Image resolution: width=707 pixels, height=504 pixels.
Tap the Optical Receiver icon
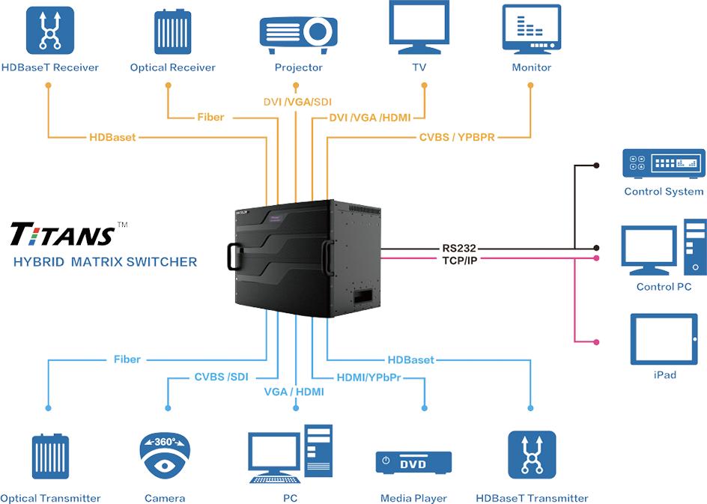pyautogui.click(x=172, y=31)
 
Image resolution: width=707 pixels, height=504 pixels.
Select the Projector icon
pyautogui.click(x=297, y=31)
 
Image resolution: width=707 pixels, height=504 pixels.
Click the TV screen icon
pyautogui.click(x=419, y=27)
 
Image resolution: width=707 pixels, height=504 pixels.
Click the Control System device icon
pyautogui.click(x=664, y=163)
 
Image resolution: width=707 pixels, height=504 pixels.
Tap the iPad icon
pyautogui.click(x=664, y=338)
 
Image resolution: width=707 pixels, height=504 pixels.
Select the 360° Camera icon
pyautogui.click(x=165, y=455)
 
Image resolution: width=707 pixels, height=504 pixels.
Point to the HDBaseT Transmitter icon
pyautogui.click(x=532, y=455)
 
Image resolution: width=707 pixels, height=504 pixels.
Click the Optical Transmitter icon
pyautogui.click(x=50, y=456)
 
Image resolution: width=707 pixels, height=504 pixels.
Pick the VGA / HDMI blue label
pyautogui.click(x=294, y=392)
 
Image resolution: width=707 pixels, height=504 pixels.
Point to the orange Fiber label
pyautogui.click(x=210, y=118)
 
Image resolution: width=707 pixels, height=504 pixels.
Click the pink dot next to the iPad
pyautogui.click(x=596, y=341)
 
